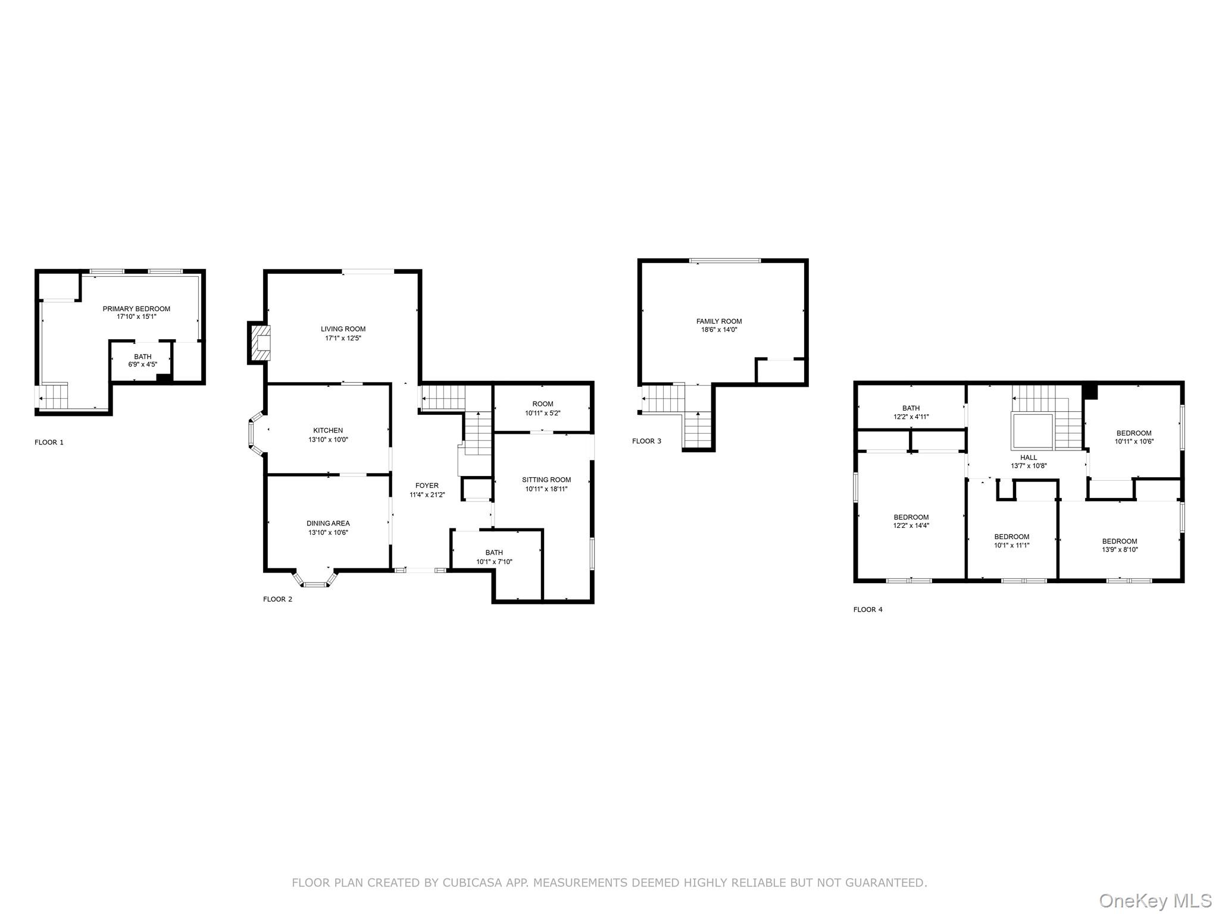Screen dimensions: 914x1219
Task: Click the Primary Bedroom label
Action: (136, 309)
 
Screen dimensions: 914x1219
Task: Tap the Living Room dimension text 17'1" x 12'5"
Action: (343, 338)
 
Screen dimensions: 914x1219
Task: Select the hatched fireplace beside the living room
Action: (260, 343)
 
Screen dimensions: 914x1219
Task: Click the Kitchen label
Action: (328, 430)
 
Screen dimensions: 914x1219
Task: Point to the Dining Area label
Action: (328, 524)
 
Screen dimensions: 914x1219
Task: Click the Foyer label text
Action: (427, 486)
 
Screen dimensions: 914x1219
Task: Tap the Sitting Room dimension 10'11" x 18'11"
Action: (546, 489)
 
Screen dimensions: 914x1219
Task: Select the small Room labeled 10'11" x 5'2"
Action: (542, 408)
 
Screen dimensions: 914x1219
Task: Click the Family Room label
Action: (719, 321)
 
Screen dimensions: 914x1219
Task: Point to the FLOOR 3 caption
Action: (646, 441)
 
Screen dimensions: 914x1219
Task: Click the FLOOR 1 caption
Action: (49, 442)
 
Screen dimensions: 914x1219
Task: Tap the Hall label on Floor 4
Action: (1029, 458)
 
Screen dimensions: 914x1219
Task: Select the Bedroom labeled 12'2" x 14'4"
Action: (911, 521)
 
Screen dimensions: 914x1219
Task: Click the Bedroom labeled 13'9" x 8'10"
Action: (1119, 546)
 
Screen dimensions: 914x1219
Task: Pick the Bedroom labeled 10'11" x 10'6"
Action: (1133, 437)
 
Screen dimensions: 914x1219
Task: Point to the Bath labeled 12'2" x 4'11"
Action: (911, 412)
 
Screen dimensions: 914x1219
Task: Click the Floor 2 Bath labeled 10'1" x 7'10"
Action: (494, 557)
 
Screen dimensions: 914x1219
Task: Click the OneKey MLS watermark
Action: (1154, 900)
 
